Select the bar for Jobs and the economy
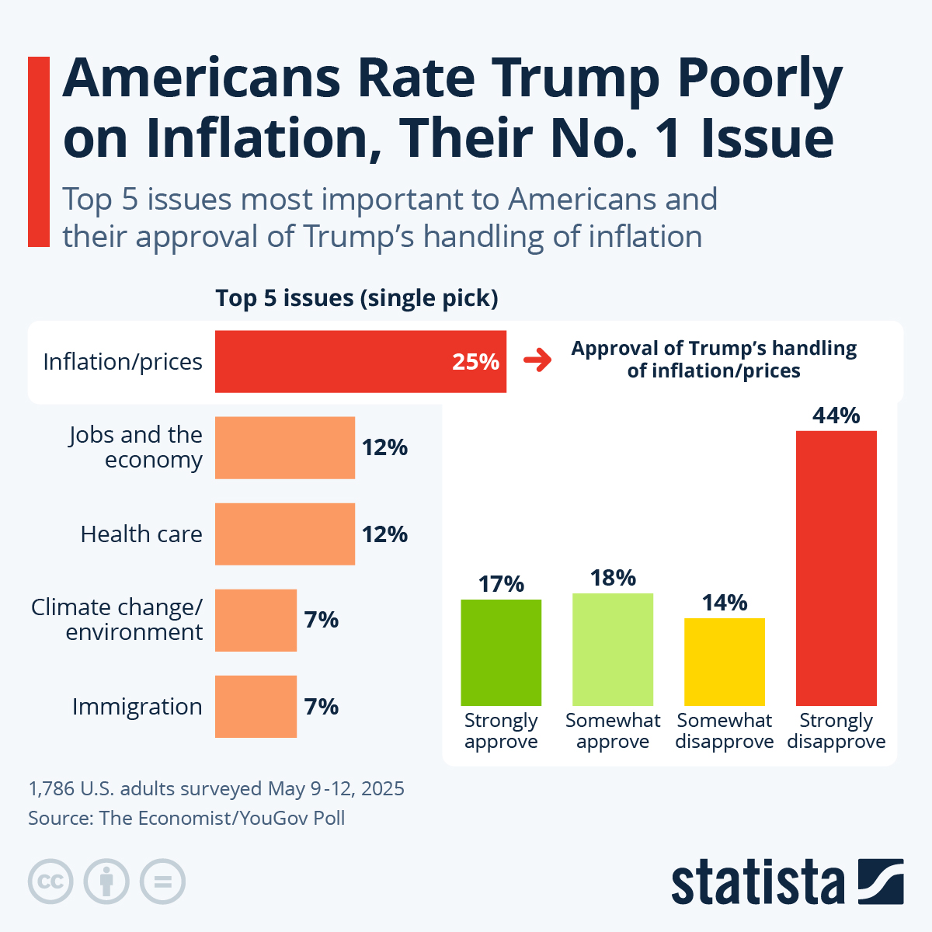[284, 447]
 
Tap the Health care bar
[284, 534]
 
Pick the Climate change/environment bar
[256, 620]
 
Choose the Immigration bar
[256, 706]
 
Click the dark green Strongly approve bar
[501, 652]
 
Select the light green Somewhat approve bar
[613, 649]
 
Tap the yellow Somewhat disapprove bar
[725, 662]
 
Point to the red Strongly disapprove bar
[836, 568]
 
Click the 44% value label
[836, 416]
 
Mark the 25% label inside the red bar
[475, 362]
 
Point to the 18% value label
[613, 578]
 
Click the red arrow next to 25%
[537, 361]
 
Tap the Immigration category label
[137, 707]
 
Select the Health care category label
[141, 534]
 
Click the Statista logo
[787, 882]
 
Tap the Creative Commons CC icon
[50, 882]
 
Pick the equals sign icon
[162, 882]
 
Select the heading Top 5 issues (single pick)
[356, 298]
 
